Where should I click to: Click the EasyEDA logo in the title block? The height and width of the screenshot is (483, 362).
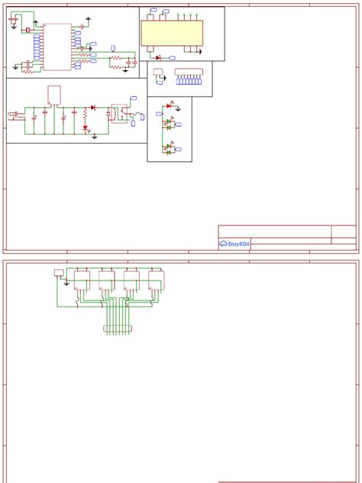click(234, 244)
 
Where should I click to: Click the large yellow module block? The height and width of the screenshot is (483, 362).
click(172, 33)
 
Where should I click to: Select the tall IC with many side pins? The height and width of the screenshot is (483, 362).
click(57, 47)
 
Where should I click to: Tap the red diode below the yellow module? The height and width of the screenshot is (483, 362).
click(157, 57)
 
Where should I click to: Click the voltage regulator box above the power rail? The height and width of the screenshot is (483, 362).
click(54, 94)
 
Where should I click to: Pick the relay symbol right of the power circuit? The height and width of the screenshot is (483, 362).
click(120, 112)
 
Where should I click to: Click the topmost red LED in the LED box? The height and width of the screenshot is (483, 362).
click(169, 105)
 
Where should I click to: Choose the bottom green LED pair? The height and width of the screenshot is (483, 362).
click(167, 148)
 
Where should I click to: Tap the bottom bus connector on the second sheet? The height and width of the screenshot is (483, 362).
click(117, 329)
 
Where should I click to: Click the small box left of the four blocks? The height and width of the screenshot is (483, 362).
click(59, 272)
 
